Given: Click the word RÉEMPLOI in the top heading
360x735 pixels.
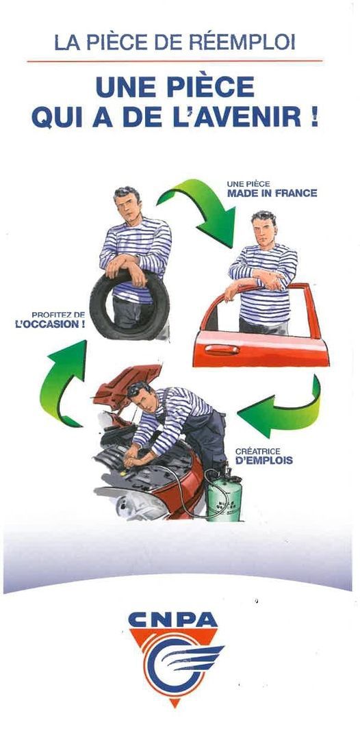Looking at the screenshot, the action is [242, 42].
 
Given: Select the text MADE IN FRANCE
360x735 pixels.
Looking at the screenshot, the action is [272, 193].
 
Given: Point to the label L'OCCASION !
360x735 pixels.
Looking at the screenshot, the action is [50, 324].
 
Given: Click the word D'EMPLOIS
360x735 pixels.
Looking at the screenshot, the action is [264, 461].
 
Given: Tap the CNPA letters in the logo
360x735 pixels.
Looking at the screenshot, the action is [173, 620].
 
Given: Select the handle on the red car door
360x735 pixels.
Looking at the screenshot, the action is [222, 349].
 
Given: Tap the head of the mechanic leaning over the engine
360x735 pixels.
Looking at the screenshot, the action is [140, 396].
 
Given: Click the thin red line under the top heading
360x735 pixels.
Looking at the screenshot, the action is [175, 61].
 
